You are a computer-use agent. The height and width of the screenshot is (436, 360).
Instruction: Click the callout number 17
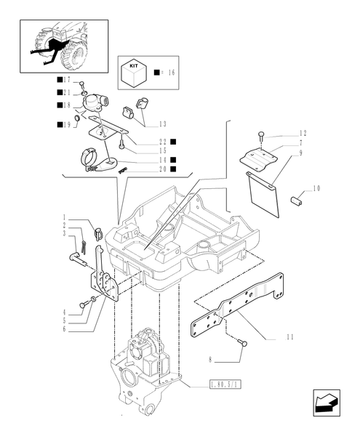pyautogui.click(x=65, y=79)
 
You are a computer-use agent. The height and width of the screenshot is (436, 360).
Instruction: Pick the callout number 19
pyautogui.click(x=65, y=125)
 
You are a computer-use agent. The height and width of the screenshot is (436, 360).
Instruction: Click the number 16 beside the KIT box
pyautogui.click(x=172, y=73)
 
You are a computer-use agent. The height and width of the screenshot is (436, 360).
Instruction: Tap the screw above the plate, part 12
pyautogui.click(x=261, y=135)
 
